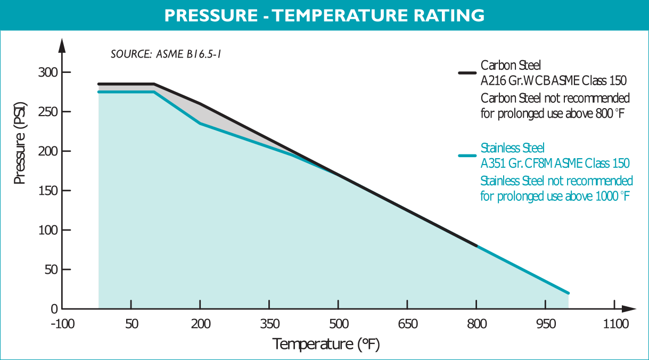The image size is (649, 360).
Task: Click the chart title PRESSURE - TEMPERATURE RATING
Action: click(x=324, y=15)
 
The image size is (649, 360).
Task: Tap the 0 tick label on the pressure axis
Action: click(x=54, y=309)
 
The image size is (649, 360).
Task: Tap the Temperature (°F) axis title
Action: click(x=326, y=344)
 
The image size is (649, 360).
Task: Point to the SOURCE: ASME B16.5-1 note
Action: click(x=169, y=54)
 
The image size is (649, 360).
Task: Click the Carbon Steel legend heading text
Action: click(x=511, y=66)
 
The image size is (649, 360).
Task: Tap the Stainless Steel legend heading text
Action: click(x=512, y=148)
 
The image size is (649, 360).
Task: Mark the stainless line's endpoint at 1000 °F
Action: click(x=569, y=293)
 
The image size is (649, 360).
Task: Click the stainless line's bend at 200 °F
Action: click(x=200, y=124)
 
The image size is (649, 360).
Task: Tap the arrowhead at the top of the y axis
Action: click(x=62, y=45)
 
